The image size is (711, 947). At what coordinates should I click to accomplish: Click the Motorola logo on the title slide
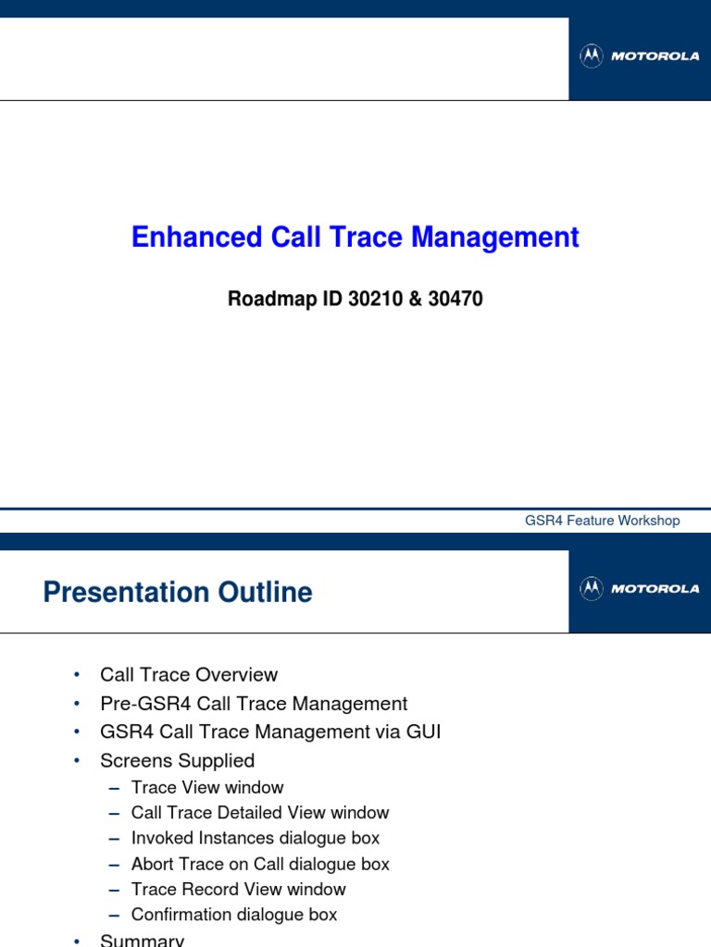click(640, 56)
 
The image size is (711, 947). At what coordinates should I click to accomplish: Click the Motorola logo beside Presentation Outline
click(640, 589)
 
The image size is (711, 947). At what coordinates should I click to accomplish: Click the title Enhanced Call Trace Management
click(355, 238)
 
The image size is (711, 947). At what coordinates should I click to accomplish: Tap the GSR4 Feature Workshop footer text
click(602, 521)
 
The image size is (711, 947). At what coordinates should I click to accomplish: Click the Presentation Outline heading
click(178, 592)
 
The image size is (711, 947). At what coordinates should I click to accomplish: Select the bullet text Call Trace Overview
click(189, 675)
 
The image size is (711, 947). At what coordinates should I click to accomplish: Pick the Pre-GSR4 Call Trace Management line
click(254, 704)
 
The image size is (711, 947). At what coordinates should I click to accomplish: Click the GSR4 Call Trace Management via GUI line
click(270, 732)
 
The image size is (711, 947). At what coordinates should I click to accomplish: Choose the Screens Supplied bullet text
click(177, 761)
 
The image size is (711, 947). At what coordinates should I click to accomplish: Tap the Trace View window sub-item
click(207, 788)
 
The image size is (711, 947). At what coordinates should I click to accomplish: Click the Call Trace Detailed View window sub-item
click(260, 813)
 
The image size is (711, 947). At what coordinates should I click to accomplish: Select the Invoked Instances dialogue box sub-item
click(256, 839)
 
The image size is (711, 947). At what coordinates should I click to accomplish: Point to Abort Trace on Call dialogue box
click(260, 864)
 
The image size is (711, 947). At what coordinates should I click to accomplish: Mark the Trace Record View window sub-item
click(239, 890)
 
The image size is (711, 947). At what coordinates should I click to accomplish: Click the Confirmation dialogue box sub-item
click(234, 915)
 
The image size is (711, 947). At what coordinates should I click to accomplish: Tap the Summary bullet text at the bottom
click(143, 940)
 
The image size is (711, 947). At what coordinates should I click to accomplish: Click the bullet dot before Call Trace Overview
click(77, 676)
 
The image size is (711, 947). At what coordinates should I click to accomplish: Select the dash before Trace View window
click(114, 788)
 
